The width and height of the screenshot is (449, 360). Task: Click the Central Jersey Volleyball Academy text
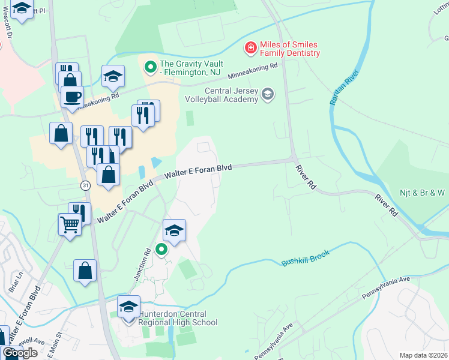coord(231,95)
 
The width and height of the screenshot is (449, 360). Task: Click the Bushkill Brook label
coord(306,262)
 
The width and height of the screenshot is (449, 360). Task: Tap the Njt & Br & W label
coord(423,193)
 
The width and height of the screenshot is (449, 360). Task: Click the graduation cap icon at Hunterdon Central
coord(128,307)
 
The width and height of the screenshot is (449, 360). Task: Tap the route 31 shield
coord(86,186)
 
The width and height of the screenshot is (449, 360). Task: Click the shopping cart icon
coord(70,224)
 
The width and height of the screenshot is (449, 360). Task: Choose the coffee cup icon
coord(72,97)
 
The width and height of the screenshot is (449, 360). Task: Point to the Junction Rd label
coord(142,265)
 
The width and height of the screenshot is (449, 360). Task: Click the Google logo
coord(20,352)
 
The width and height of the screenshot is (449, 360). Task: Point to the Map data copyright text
coord(423,355)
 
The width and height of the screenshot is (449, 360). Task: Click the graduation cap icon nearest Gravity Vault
coord(113,76)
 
